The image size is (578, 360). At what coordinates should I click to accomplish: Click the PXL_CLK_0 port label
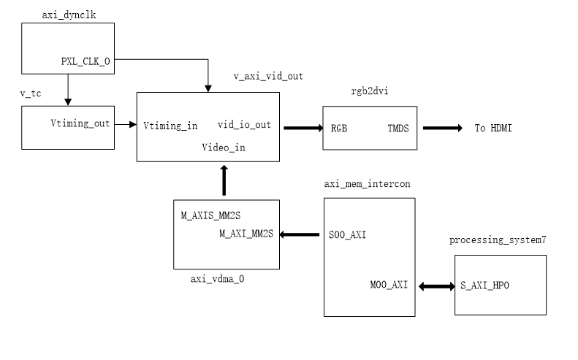[x=85, y=61]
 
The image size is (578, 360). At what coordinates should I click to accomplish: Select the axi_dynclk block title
[x=69, y=15]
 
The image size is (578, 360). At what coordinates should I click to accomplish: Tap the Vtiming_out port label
[x=80, y=123]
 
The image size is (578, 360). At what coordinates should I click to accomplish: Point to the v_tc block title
[x=31, y=93]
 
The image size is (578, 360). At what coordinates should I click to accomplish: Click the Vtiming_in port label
[x=170, y=126]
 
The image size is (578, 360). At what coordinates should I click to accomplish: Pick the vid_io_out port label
[x=244, y=125]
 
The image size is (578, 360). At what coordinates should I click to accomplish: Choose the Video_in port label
[x=224, y=148]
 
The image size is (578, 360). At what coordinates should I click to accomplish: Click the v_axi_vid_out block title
[x=268, y=76]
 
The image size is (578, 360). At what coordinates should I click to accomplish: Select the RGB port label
[x=339, y=129]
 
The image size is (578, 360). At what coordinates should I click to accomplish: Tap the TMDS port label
[x=398, y=129]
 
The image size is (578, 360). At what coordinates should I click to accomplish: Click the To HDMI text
[x=493, y=128]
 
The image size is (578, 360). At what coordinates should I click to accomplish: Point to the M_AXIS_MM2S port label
[x=210, y=215]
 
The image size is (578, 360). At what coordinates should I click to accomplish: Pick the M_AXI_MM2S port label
[x=246, y=234]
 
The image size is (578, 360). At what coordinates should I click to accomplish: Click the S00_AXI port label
[x=347, y=234]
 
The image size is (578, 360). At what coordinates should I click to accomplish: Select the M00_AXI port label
[x=389, y=285]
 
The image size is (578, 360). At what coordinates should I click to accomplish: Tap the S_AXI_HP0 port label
[x=484, y=286]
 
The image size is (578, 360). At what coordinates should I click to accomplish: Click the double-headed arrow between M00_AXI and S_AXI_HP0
[x=437, y=286]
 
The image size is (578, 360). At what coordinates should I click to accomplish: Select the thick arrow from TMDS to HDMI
[x=442, y=128]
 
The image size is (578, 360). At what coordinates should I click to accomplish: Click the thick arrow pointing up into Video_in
[x=224, y=180]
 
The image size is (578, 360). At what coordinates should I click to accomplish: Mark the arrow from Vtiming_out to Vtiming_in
[x=126, y=125]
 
